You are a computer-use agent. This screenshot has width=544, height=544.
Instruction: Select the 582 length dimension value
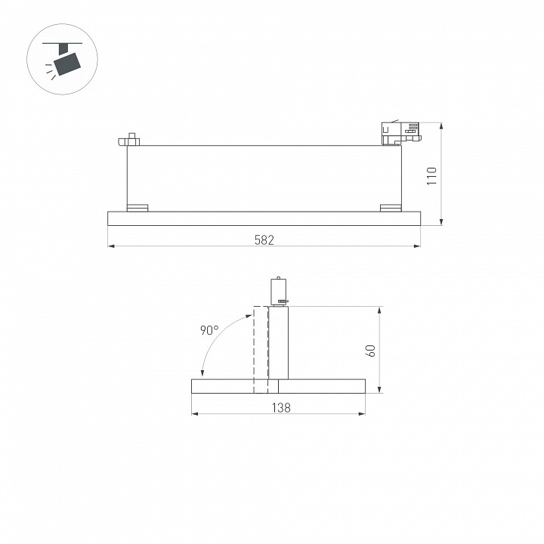264,240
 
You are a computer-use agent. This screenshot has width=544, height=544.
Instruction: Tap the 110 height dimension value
431,176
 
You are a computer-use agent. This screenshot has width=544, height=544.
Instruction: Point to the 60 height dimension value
370,351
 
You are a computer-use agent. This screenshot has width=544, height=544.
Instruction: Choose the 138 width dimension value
280,407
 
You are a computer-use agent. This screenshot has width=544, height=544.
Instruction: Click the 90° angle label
209,330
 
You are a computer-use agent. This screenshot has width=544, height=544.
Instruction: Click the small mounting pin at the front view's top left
131,139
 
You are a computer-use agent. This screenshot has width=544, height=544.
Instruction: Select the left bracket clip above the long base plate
138,208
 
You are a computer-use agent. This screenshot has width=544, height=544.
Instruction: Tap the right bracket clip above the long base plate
391,208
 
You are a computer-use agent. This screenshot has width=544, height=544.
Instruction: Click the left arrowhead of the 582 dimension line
110,246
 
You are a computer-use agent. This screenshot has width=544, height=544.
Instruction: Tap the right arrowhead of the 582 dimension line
417,246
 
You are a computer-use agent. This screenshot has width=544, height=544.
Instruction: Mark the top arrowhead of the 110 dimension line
441,125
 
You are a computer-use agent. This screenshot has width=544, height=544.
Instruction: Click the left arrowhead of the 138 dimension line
194,413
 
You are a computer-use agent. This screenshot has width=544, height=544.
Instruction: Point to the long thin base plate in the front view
264,218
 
